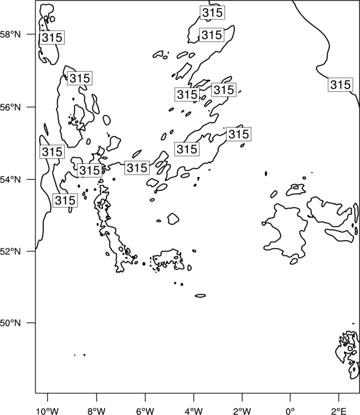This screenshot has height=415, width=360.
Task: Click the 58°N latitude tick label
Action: pyautogui.click(x=11, y=34)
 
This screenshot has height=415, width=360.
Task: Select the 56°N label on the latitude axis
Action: pyautogui.click(x=11, y=107)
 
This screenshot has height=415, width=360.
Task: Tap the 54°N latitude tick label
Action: pyautogui.click(x=11, y=179)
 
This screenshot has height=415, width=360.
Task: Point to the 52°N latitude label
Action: pyautogui.click(x=11, y=251)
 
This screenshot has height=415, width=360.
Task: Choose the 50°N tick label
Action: pyautogui.click(x=11, y=323)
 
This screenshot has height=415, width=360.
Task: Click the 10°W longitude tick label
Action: pyautogui.click(x=48, y=411)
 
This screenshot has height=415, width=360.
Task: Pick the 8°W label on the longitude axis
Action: pyautogui.click(x=96, y=411)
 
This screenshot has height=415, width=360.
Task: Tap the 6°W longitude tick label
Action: pyautogui.click(x=145, y=411)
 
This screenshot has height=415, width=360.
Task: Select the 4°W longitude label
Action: pyautogui.click(x=194, y=411)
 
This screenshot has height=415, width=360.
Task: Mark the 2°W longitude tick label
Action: pyautogui.click(x=242, y=411)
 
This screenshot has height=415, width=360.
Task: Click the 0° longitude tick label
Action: pyautogui.click(x=290, y=411)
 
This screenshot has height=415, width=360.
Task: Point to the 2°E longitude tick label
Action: pyautogui.click(x=339, y=411)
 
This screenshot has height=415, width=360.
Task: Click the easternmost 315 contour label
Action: pyautogui.click(x=341, y=85)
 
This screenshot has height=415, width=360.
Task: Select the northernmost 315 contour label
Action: pyautogui.click(x=212, y=12)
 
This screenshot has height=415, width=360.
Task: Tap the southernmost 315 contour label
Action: pyautogui.click(x=65, y=200)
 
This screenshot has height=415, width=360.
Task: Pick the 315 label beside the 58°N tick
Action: pyautogui.click(x=52, y=37)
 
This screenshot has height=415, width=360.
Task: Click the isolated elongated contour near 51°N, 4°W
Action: pyautogui.click(x=200, y=295)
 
